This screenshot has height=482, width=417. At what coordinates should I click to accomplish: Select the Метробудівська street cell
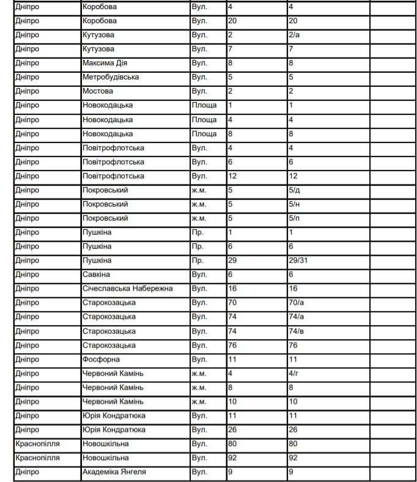[111, 77]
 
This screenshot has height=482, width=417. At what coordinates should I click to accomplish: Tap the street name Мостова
[98, 91]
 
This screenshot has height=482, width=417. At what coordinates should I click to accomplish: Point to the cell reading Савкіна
[97, 274]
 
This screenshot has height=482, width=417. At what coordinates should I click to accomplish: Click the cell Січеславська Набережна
[127, 288]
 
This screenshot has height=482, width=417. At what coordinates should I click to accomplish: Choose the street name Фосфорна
[101, 359]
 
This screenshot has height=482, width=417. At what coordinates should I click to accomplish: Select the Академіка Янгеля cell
[114, 472]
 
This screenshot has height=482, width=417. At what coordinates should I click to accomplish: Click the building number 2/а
[293, 35]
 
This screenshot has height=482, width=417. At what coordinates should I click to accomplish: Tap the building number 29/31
[300, 260]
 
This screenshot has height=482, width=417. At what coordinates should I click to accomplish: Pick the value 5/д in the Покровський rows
[293, 190]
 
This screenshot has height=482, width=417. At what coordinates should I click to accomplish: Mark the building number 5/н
[293, 204]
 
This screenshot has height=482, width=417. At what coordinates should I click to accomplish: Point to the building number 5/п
[293, 218]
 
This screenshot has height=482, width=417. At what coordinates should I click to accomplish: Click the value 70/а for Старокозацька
[296, 302]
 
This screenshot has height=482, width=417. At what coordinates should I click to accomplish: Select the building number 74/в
[296, 330]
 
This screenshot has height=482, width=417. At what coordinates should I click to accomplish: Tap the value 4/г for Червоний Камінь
[293, 373]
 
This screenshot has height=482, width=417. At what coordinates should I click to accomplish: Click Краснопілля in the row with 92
[37, 458]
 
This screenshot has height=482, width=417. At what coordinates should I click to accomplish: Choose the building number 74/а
[296, 316]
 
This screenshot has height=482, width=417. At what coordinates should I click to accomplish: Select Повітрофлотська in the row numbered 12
[113, 176]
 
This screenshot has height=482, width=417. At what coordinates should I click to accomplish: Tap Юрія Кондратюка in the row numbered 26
[114, 429]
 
